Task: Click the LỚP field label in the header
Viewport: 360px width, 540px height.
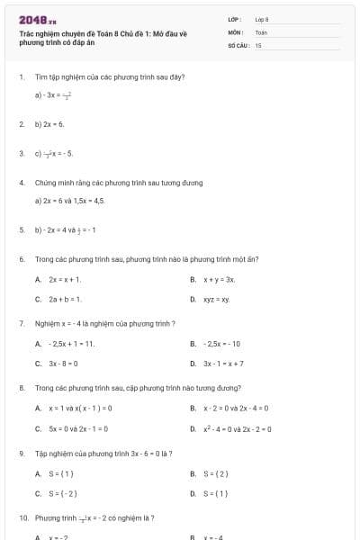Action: [235, 19]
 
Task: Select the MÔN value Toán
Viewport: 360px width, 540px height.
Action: [261, 31]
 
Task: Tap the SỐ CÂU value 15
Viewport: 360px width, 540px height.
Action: [258, 44]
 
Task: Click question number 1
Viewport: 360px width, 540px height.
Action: [21, 77]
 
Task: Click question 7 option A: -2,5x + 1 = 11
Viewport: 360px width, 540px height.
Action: [71, 344]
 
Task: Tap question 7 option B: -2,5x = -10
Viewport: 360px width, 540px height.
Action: [221, 344]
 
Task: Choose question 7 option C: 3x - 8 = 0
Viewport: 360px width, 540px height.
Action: [64, 364]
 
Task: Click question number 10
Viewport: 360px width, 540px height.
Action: [22, 518]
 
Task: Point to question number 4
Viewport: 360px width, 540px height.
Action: [21, 183]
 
